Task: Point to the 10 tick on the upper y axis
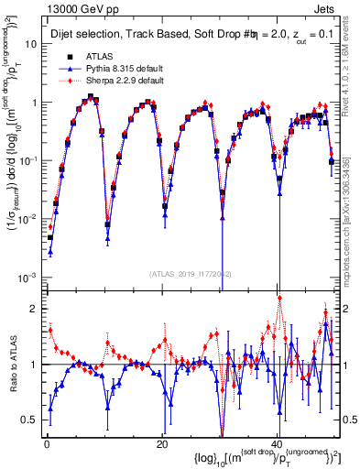[29, 44]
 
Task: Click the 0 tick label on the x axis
[46, 443]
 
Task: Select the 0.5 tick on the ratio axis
[30, 420]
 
